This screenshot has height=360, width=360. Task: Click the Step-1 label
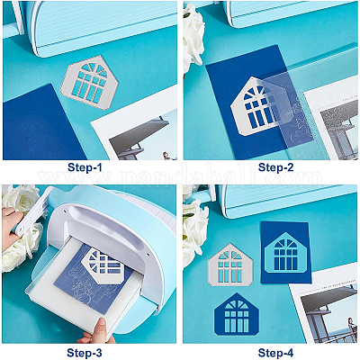pos(89,168)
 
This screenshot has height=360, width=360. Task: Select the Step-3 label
pos(89,352)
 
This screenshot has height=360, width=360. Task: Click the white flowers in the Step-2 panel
pos(192,36)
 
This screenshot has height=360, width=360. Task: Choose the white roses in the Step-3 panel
pos(18,243)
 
